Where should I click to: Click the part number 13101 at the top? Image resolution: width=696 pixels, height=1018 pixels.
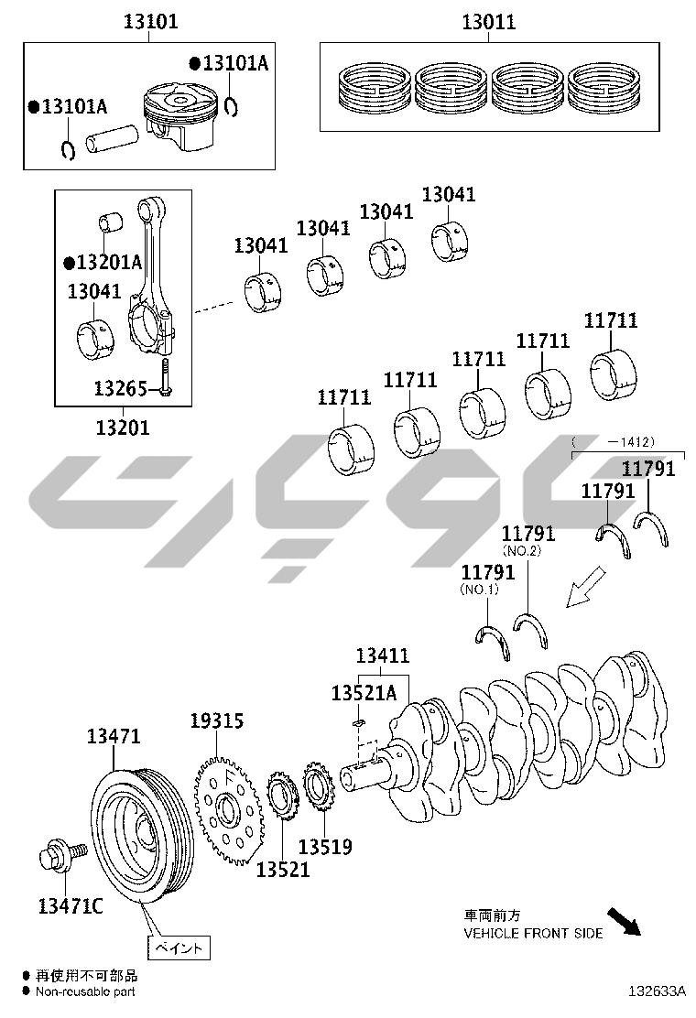click(x=150, y=21)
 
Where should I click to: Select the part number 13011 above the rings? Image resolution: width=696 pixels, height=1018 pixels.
click(x=488, y=22)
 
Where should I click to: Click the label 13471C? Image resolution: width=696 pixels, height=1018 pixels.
click(x=71, y=905)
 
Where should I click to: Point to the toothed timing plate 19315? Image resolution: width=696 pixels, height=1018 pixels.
click(x=228, y=809)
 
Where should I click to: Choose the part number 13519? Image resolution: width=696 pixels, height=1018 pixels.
click(x=325, y=847)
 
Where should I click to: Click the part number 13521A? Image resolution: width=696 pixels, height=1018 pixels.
click(x=364, y=693)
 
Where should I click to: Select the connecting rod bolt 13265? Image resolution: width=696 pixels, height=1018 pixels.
click(x=166, y=378)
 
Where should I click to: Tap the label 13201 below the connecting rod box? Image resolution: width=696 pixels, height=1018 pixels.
click(x=123, y=428)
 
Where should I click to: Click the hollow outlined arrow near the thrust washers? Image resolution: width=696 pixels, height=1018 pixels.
click(x=585, y=587)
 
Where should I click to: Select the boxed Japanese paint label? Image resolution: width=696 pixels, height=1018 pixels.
click(x=179, y=948)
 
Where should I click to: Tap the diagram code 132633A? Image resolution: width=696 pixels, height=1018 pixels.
click(x=657, y=991)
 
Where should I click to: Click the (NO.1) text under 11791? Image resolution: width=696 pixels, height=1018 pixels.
click(x=479, y=590)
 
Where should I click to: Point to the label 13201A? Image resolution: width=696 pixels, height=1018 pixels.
click(x=103, y=263)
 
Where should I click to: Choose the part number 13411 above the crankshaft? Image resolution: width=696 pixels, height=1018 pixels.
click(x=383, y=655)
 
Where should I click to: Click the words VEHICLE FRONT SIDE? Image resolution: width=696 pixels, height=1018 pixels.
click(x=533, y=933)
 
